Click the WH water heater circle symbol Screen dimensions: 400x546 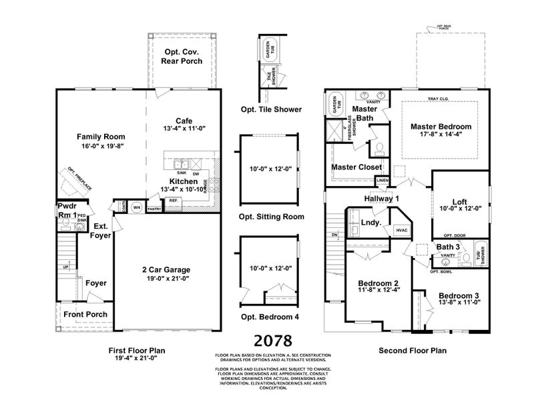(136, 207)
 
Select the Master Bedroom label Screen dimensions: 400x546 (441, 126)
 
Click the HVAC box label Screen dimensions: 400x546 (402, 230)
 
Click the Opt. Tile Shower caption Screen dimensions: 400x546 (270, 109)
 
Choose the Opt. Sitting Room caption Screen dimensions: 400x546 (271, 217)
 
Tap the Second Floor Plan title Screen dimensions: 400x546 (412, 350)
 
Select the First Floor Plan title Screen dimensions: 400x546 (137, 350)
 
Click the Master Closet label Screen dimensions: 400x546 (356, 167)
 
